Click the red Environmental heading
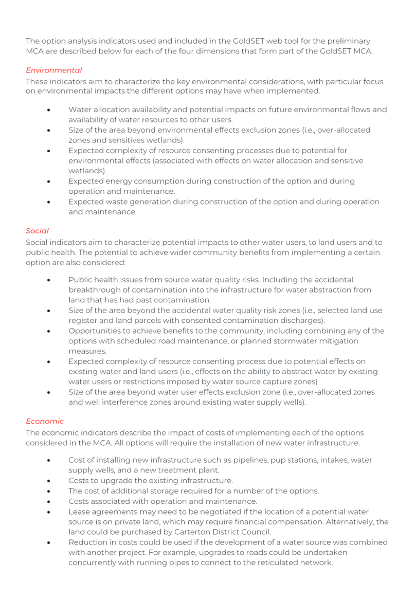pos(53,70)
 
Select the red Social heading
pos(37,231)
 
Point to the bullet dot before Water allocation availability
pos(48,110)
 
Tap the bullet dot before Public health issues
pos(48,280)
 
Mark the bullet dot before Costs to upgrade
pos(48,480)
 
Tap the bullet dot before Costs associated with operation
pos(48,501)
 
